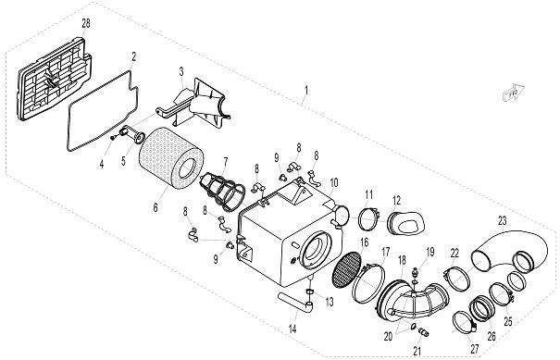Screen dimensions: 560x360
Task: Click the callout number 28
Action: (x=86, y=24)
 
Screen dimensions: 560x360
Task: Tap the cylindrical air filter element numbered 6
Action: (x=170, y=158)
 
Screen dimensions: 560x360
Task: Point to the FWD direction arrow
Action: (x=514, y=93)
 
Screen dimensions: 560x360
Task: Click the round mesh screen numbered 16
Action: (x=347, y=269)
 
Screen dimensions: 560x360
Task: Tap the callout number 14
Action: (x=292, y=329)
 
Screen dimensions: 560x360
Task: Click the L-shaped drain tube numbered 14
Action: (x=296, y=303)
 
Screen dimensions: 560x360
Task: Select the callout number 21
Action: (x=417, y=351)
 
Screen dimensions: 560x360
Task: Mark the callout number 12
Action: (x=396, y=200)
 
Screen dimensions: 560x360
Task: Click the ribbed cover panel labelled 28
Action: (x=54, y=80)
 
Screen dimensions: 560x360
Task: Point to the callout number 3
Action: (x=181, y=71)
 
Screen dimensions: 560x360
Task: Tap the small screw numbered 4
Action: (x=113, y=137)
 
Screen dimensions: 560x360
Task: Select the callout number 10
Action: (x=333, y=182)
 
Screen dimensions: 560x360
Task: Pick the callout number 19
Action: (x=430, y=252)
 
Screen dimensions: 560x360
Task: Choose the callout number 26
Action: (x=492, y=336)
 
